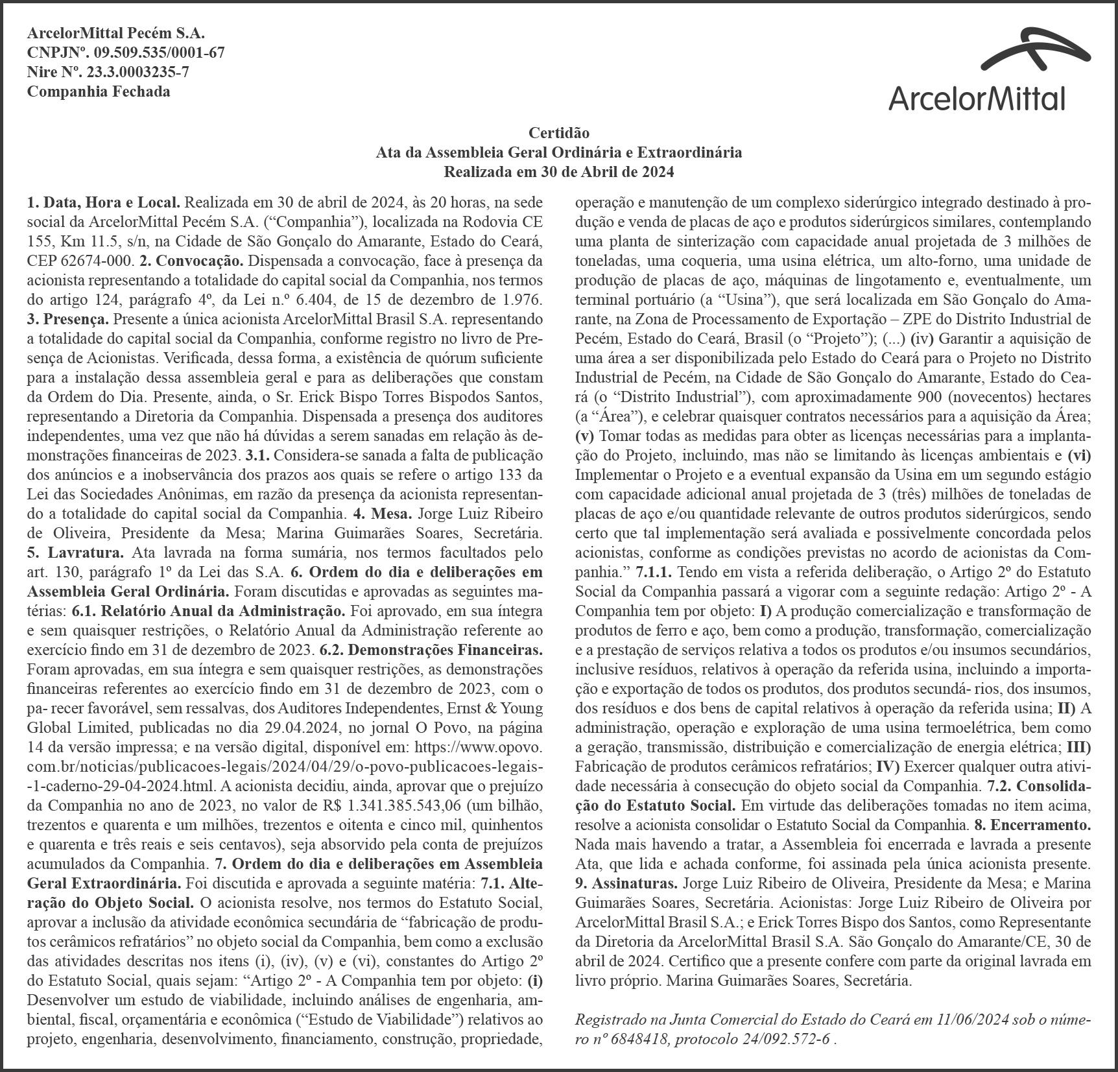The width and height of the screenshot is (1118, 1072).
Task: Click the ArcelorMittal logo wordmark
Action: point(977,99)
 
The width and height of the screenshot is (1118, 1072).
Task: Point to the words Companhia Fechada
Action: point(99,91)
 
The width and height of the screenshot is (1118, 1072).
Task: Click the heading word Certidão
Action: point(559,133)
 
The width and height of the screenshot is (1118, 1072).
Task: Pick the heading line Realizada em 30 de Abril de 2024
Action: point(559,172)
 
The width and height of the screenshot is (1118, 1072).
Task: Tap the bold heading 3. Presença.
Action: point(67,320)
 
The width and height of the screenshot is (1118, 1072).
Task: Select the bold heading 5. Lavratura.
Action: point(75,553)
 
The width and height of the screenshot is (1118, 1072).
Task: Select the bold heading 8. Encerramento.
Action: point(1032,826)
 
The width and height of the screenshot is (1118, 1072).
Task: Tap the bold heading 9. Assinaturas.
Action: point(626,884)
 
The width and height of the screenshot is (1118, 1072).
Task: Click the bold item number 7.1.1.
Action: point(654,573)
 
